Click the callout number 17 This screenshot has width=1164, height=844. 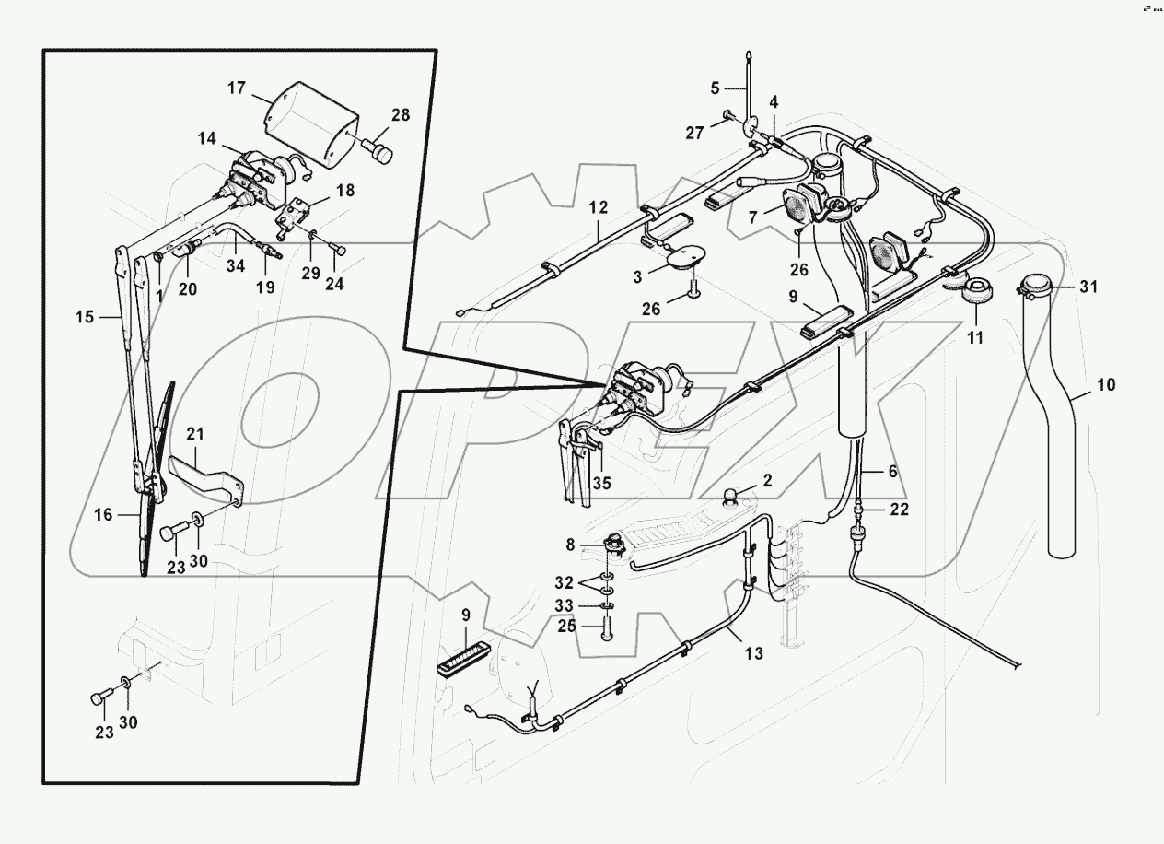point(237,88)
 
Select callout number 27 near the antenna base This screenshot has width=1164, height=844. point(694,134)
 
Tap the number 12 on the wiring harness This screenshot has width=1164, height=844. point(599,208)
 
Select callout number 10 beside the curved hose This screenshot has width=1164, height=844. point(1106,384)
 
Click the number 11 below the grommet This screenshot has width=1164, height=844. point(975,338)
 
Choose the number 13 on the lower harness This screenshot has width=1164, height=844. point(753,653)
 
